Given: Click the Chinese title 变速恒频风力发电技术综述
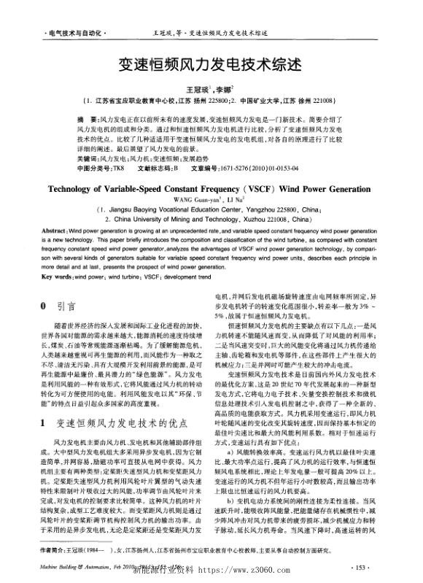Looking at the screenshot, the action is coord(210,65).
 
